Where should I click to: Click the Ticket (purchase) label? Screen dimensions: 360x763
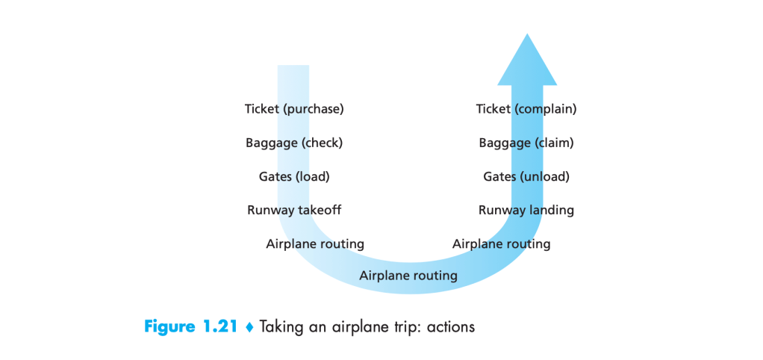[x=294, y=109]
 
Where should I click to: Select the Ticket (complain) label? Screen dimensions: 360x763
[x=526, y=109]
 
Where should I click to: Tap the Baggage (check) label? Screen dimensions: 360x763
[x=294, y=143]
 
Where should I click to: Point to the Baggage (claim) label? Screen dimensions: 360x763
[x=526, y=143]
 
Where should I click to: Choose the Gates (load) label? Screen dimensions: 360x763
[x=294, y=177]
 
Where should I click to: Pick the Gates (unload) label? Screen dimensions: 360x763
[x=526, y=177]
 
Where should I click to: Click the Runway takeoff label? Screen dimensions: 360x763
[x=294, y=211]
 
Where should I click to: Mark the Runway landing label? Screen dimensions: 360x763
[x=526, y=211]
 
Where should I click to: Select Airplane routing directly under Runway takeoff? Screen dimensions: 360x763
[x=315, y=244]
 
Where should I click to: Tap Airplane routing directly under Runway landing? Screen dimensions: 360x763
[x=501, y=244]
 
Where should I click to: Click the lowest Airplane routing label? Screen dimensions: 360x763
[x=408, y=276]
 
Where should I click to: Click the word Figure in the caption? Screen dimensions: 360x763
[x=171, y=327]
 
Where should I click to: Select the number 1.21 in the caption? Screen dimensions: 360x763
[x=222, y=327]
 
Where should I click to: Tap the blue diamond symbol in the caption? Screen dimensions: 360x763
[x=250, y=327]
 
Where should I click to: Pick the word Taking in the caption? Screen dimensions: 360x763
[x=281, y=327]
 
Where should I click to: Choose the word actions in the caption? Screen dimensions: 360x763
[x=450, y=327]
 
